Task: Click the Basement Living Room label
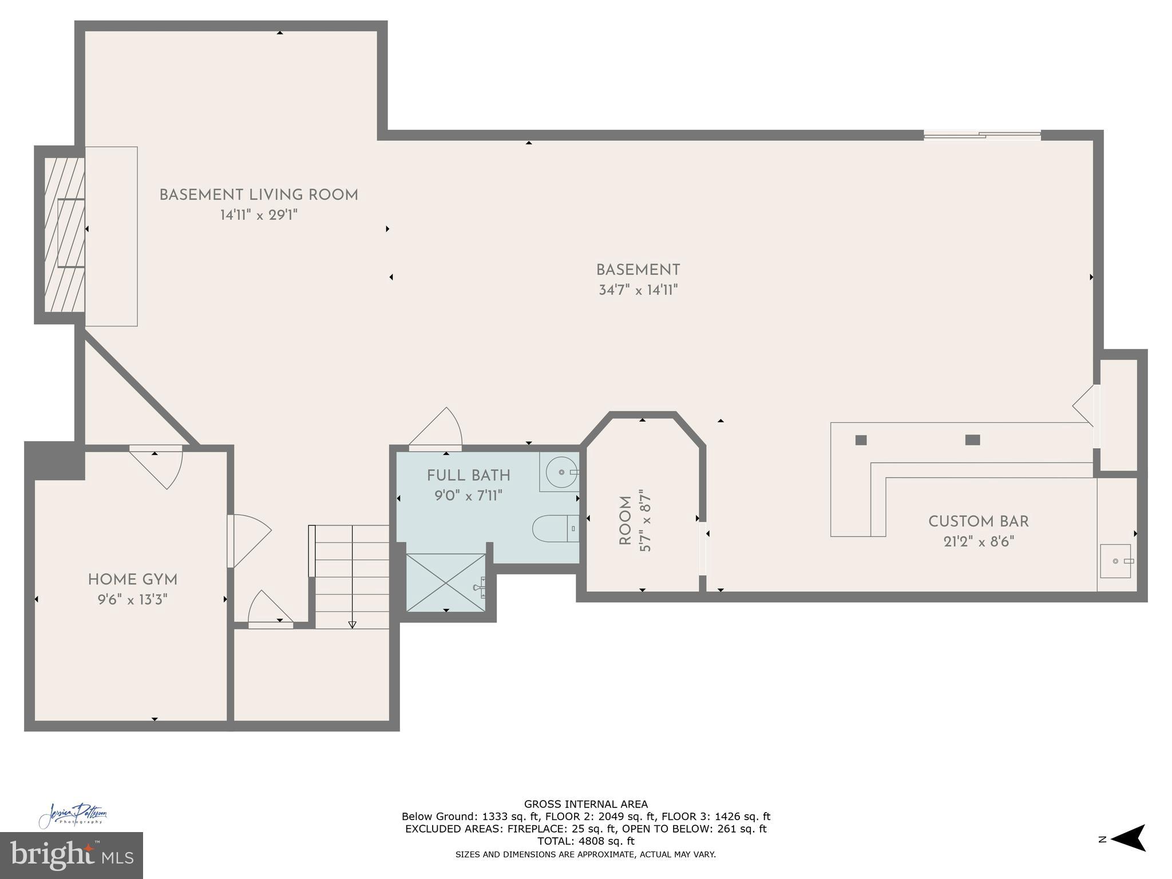[x=259, y=195]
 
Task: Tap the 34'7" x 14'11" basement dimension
[x=638, y=290]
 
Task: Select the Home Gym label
[x=133, y=580]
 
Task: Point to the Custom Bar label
[x=978, y=521]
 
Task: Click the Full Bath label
[x=468, y=475]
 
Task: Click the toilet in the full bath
[x=552, y=528]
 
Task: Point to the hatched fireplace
[x=64, y=234]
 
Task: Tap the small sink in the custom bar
[x=1115, y=561]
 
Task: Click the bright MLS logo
[x=71, y=855]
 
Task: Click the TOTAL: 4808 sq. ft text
[x=585, y=841]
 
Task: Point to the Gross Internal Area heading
[x=585, y=804]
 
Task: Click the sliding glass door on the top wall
[x=982, y=135]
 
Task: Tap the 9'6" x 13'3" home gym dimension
[x=132, y=600]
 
